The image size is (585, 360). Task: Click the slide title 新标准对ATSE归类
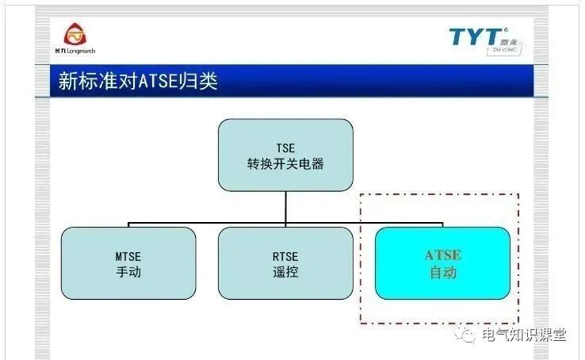[138, 82]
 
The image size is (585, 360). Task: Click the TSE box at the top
[285, 155]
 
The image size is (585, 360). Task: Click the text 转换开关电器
[285, 164]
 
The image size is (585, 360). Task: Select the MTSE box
[128, 263]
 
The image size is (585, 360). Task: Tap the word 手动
[128, 272]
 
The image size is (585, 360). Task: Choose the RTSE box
[285, 263]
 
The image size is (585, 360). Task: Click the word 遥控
[285, 272]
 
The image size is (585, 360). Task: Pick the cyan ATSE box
[442, 263]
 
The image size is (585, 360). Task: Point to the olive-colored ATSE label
[442, 255]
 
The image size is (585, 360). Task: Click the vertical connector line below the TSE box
[285, 208]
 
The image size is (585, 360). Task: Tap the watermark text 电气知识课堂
[524, 335]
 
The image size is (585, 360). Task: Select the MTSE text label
[128, 256]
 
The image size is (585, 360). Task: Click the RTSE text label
[285, 256]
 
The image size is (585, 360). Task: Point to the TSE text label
[285, 147]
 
